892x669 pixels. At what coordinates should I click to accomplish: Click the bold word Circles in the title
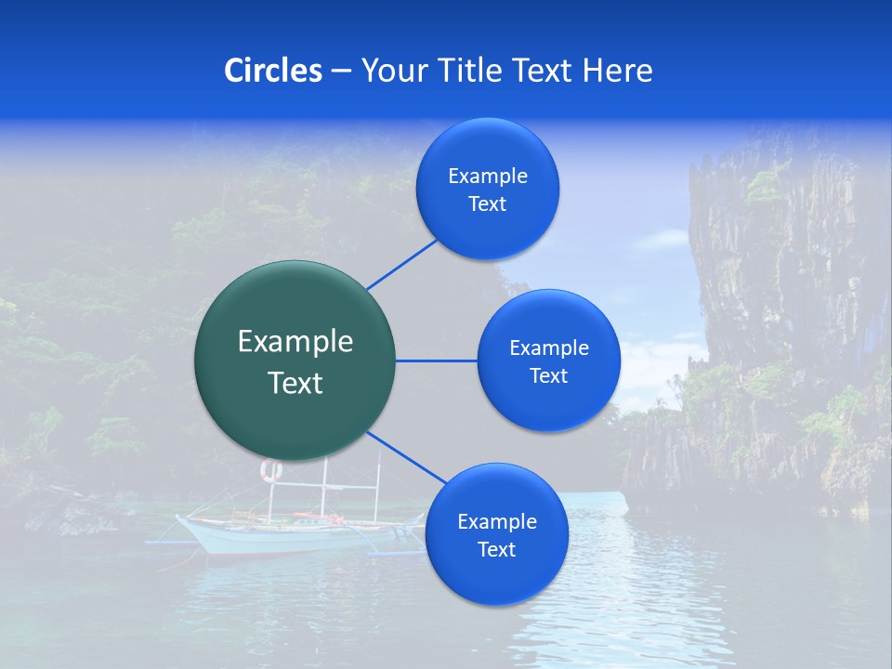(272, 71)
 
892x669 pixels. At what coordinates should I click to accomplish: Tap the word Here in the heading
(617, 71)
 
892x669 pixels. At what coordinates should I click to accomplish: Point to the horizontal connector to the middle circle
(436, 361)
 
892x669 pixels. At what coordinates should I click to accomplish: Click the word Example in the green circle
(295, 342)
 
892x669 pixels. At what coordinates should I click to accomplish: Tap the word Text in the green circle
(295, 383)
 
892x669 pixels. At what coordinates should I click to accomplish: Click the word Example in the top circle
(487, 177)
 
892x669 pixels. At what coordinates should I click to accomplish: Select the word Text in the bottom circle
(496, 549)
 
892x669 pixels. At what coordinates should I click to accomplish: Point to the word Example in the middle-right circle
(548, 348)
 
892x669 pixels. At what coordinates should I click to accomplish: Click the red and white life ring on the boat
(270, 471)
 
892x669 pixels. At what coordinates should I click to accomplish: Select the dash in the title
(341, 71)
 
